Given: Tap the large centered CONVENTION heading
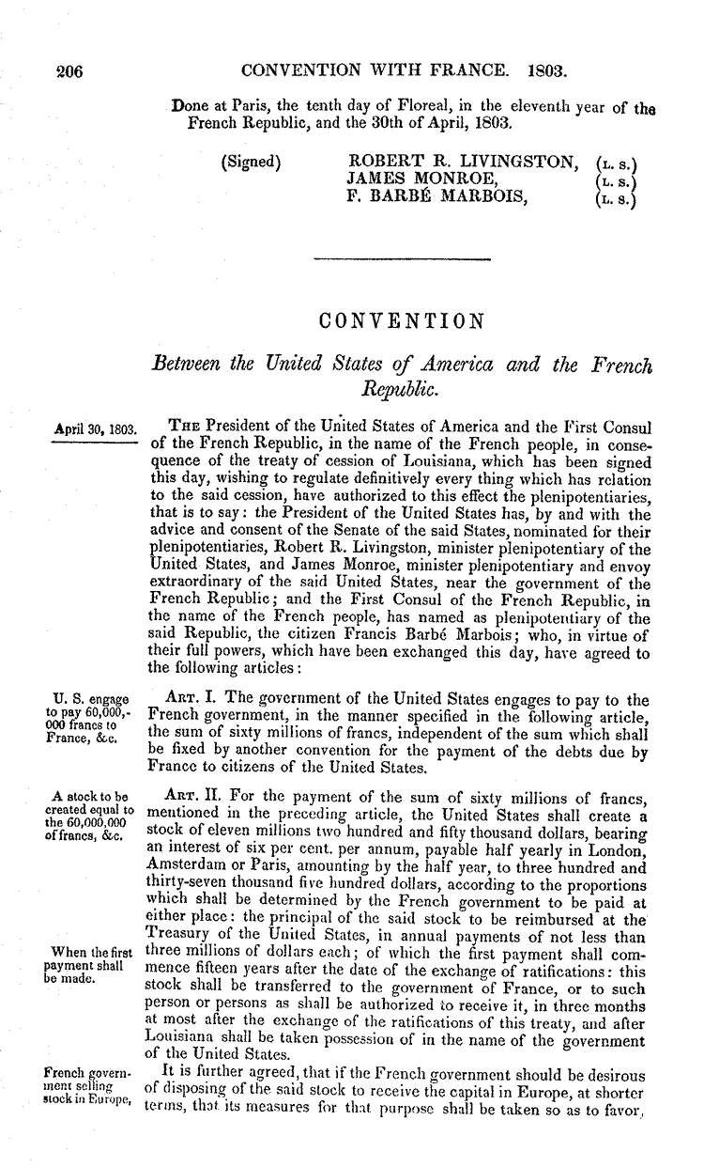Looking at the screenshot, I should tap(402, 322).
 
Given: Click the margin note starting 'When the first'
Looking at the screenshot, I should tap(92, 965).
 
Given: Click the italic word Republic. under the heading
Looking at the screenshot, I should tap(401, 384).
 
